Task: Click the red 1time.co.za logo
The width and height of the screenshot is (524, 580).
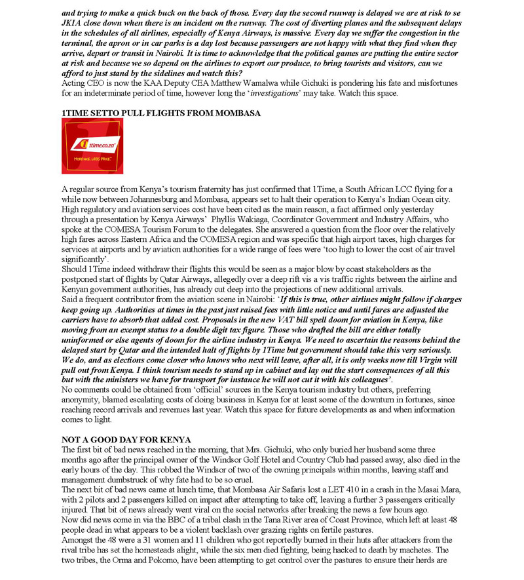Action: point(92,145)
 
